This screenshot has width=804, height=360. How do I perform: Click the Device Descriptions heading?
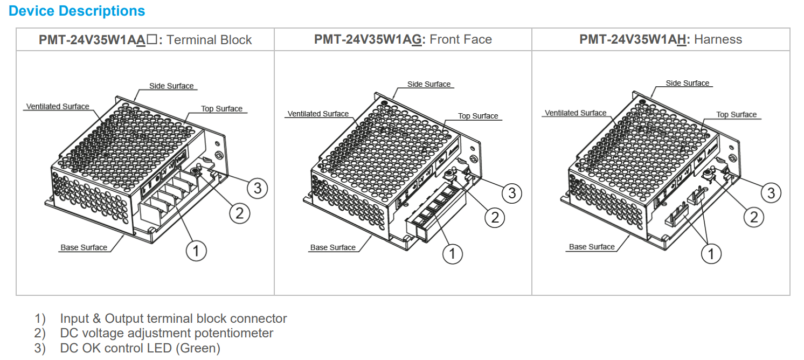click(x=77, y=11)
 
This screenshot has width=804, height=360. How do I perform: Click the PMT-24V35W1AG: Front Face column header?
click(x=403, y=39)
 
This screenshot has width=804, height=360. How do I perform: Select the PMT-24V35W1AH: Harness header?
click(x=661, y=39)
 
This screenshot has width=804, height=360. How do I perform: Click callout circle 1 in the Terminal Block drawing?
click(x=196, y=251)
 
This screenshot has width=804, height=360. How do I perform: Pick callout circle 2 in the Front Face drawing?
click(x=495, y=217)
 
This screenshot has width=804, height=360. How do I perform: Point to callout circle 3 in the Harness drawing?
click(x=771, y=193)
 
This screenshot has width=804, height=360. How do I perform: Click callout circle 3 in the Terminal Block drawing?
click(x=258, y=188)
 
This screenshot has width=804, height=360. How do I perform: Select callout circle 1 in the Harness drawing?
click(x=711, y=253)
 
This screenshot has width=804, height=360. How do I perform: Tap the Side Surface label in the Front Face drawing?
click(x=429, y=84)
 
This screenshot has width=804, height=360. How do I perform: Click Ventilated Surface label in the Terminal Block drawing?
click(x=58, y=107)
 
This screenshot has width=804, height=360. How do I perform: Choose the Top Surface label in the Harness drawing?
click(x=736, y=114)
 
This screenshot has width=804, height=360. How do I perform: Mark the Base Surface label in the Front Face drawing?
click(x=332, y=247)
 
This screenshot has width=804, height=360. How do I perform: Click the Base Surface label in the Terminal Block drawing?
click(x=84, y=247)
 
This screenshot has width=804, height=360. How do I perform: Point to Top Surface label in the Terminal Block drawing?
click(x=221, y=109)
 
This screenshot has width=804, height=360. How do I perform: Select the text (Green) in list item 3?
click(x=198, y=348)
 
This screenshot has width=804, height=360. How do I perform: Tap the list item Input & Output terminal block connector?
click(x=173, y=319)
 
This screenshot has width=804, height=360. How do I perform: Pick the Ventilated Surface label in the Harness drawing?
click(x=576, y=113)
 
